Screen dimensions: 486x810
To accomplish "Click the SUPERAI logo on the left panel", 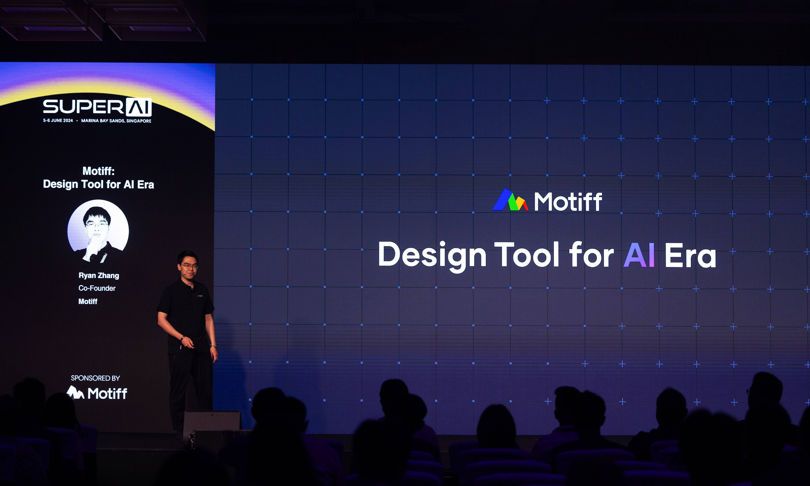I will (97, 107).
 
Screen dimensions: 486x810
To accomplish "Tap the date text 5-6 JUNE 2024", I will (58, 121).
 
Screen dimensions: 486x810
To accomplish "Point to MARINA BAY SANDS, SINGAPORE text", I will (116, 121).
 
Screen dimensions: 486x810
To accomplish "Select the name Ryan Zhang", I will (99, 275).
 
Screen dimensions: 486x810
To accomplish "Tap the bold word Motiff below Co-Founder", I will (88, 301).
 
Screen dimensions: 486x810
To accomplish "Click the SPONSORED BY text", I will (95, 378).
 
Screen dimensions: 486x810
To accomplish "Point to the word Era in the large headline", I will (690, 255).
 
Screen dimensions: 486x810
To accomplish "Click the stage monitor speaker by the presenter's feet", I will (212, 422).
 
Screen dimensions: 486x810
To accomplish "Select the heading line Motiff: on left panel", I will (98, 171).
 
